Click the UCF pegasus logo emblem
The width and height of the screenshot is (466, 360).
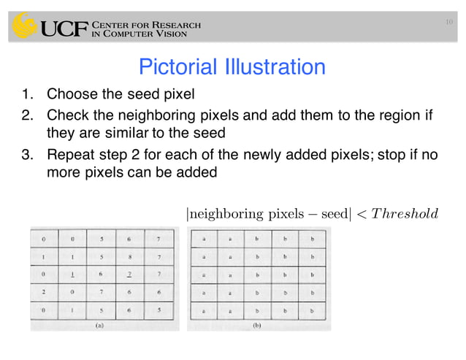tap(25, 27)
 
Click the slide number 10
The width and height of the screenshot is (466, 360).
tap(449, 24)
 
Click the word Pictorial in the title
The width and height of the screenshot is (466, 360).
tap(176, 68)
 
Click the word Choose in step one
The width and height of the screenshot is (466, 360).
tap(70, 95)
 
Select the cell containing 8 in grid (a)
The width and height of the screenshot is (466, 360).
tap(131, 258)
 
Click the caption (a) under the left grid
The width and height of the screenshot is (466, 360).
tap(100, 327)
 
